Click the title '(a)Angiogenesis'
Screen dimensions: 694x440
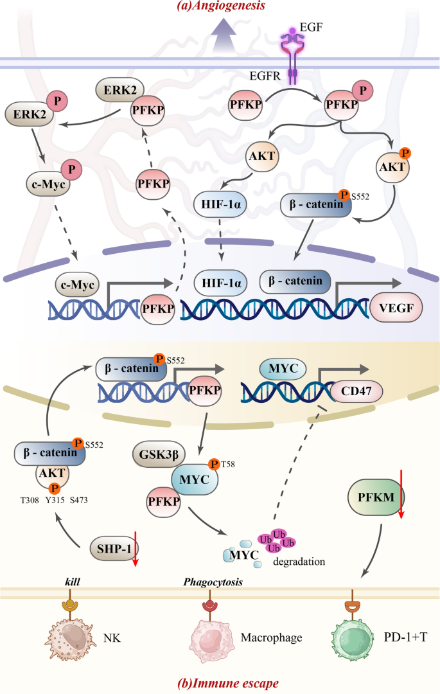tap(219, 7)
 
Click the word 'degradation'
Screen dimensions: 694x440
tap(299, 561)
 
